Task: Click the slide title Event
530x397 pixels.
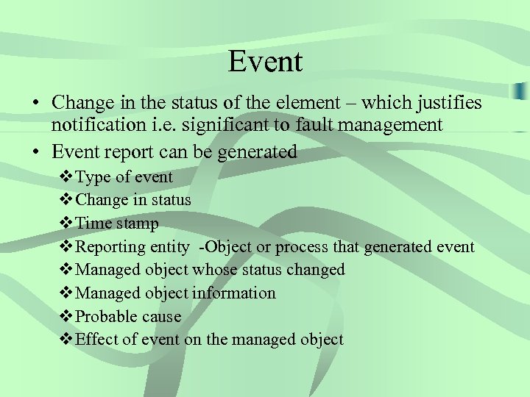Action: coord(265,61)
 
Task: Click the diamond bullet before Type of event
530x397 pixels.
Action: coord(65,177)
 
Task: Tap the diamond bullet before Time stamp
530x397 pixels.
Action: coord(65,223)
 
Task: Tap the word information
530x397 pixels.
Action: coord(234,293)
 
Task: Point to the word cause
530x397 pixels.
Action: coord(161,317)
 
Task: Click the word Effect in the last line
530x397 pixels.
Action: coord(93,340)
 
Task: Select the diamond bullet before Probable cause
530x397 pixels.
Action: coord(65,317)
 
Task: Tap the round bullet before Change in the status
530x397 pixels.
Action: coord(35,103)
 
